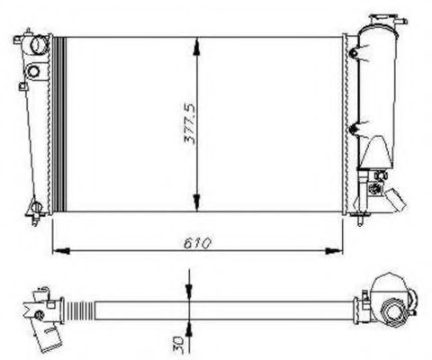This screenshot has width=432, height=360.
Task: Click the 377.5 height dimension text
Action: pyautogui.click(x=189, y=124)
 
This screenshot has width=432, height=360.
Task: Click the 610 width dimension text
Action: pyautogui.click(x=197, y=244)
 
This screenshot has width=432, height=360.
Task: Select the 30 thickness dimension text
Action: pyautogui.click(x=177, y=341)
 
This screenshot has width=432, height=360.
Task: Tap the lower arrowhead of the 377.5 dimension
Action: pyautogui.click(x=196, y=202)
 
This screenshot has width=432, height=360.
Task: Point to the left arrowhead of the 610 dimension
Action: pyautogui.click(x=61, y=251)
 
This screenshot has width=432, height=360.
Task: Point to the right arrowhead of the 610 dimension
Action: pyautogui.click(x=334, y=251)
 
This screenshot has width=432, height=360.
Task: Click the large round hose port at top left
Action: pyautogui.click(x=39, y=45)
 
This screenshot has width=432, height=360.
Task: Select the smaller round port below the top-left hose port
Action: pyautogui.click(x=33, y=71)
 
